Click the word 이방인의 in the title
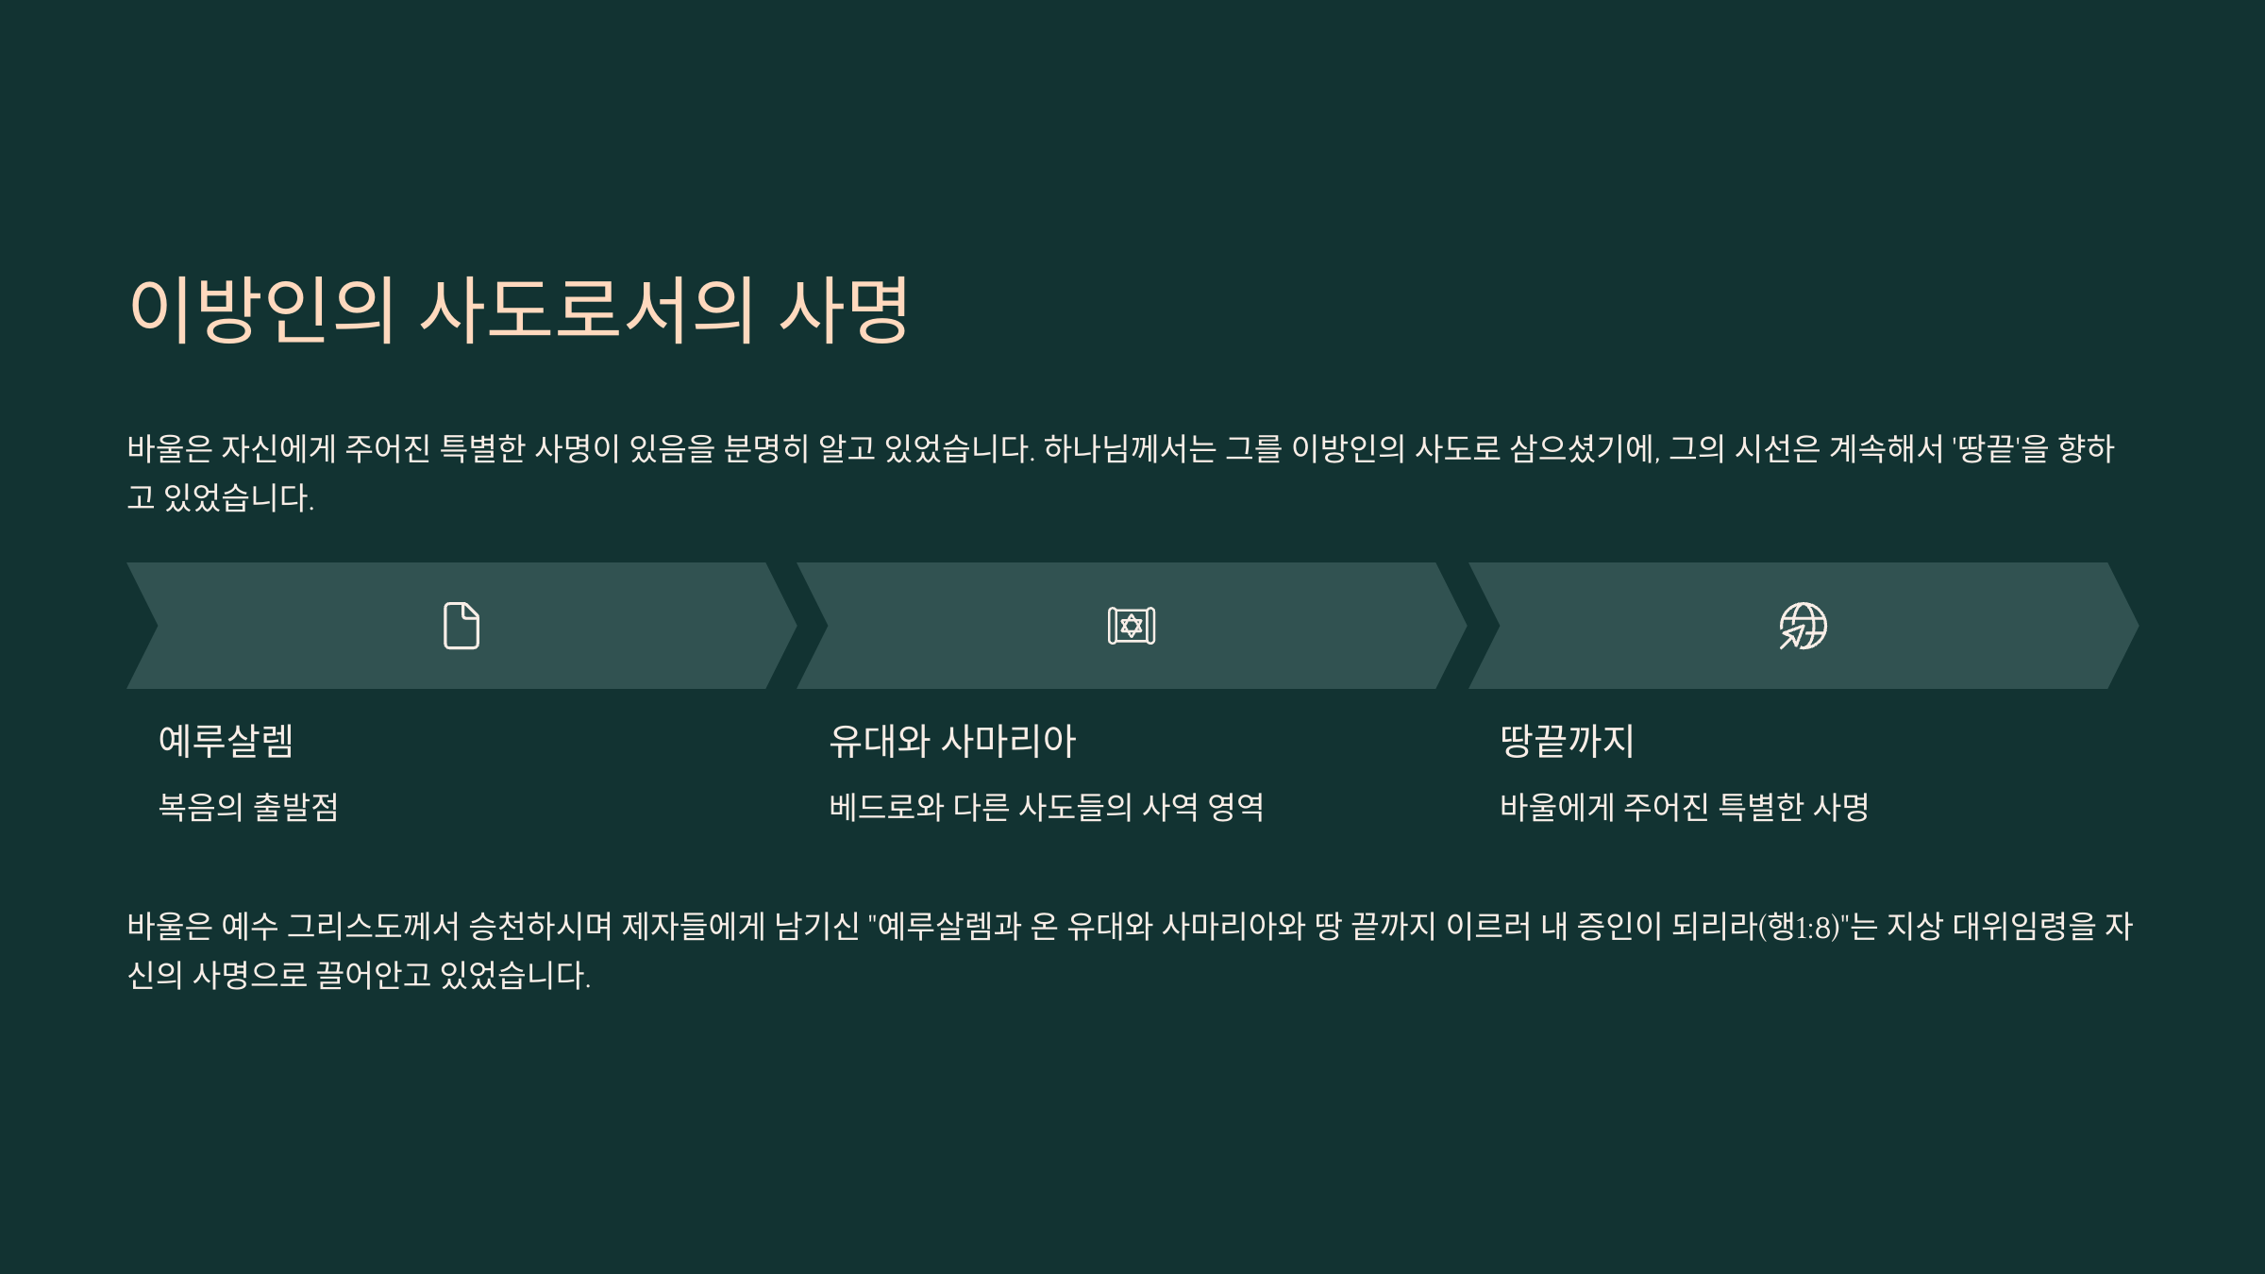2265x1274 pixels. (261, 310)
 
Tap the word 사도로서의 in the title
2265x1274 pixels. (587, 310)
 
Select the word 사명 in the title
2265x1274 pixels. (844, 310)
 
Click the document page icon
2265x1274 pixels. (461, 626)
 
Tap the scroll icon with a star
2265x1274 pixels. (1132, 626)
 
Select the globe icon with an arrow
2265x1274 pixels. (1803, 626)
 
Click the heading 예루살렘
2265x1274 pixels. (226, 741)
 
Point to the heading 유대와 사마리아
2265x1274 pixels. (952, 741)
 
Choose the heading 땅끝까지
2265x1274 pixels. (1567, 741)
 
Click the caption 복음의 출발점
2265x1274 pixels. (248, 807)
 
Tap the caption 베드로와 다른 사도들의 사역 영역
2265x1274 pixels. (1047, 807)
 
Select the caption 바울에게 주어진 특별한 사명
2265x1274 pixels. (1685, 807)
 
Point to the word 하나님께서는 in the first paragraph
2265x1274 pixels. (1130, 449)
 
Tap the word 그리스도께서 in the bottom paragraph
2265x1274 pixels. (373, 927)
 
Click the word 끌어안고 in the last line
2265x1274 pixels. (373, 976)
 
